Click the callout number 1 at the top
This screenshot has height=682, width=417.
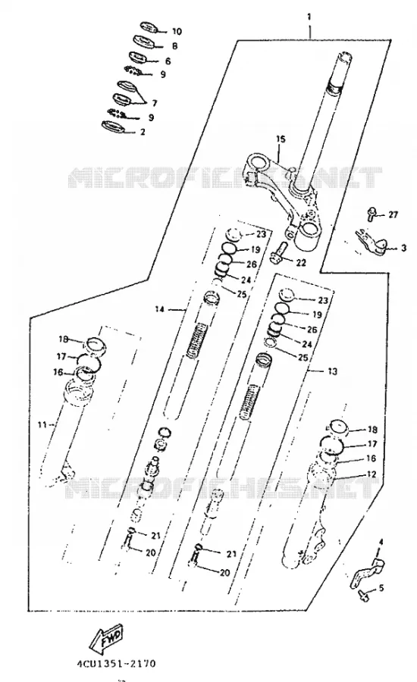click(x=309, y=17)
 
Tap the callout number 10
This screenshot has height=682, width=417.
click(x=177, y=32)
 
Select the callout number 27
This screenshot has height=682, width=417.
click(x=393, y=215)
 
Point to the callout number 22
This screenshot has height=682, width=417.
click(x=301, y=263)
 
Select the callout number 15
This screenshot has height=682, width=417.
click(x=281, y=139)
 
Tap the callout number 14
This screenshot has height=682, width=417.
click(x=160, y=309)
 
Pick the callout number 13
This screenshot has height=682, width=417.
click(x=332, y=371)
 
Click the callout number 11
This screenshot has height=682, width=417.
click(x=42, y=424)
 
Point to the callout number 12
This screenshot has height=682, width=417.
click(x=372, y=474)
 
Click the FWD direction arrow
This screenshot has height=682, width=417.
click(x=106, y=639)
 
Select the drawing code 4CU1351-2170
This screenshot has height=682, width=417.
click(x=117, y=664)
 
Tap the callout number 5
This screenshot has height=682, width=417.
click(x=381, y=589)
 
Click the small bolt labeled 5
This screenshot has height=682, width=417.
click(x=363, y=595)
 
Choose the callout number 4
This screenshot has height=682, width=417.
click(x=381, y=542)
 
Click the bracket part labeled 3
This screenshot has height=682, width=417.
click(x=371, y=243)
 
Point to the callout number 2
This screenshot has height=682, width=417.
click(x=142, y=132)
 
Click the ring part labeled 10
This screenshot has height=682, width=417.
click(x=149, y=27)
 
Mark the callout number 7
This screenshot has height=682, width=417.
click(x=155, y=104)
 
